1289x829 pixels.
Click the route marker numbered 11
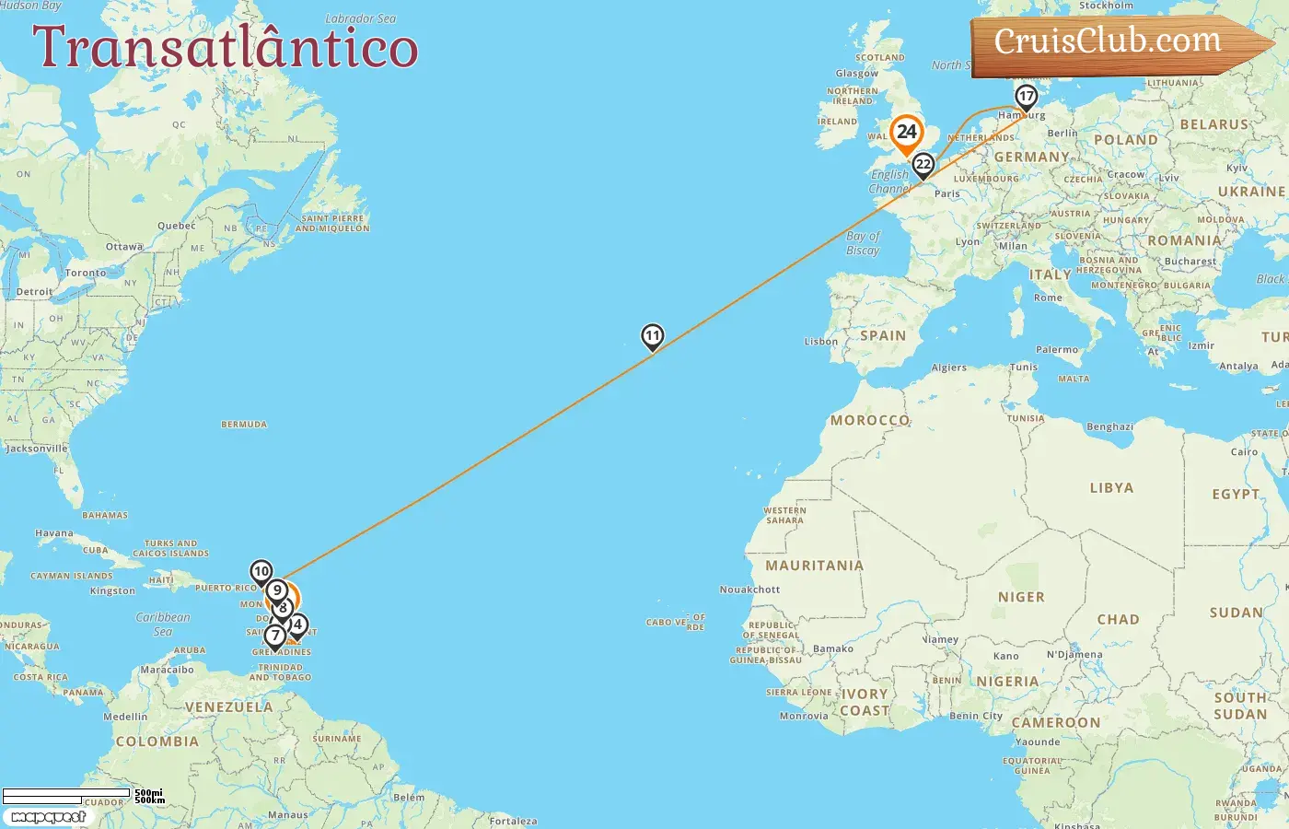click(653, 336)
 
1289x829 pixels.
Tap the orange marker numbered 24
click(907, 132)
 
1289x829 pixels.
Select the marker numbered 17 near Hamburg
click(1026, 96)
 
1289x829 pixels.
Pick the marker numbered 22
click(923, 165)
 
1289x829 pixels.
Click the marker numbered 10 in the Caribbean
click(261, 572)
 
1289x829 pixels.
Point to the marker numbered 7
click(274, 636)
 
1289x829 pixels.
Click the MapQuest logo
click(48, 817)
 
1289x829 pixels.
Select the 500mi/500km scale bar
click(83, 796)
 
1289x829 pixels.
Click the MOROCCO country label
click(870, 420)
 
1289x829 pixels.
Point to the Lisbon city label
click(821, 342)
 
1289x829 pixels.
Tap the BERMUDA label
click(244, 425)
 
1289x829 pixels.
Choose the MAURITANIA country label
click(815, 566)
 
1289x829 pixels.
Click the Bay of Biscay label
click(863, 243)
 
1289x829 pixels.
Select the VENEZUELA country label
click(229, 707)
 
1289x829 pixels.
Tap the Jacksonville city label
click(37, 449)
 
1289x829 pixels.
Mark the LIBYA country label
click(1111, 488)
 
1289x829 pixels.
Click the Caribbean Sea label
click(163, 625)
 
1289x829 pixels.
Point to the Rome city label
click(1048, 298)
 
